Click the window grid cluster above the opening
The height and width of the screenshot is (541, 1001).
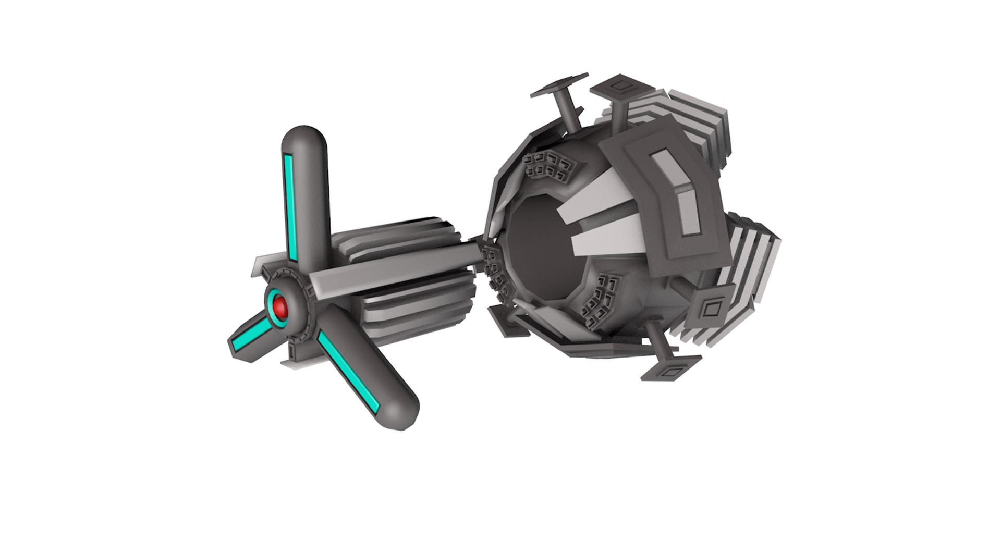pos(550,166)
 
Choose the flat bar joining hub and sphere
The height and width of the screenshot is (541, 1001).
pos(396,274)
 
